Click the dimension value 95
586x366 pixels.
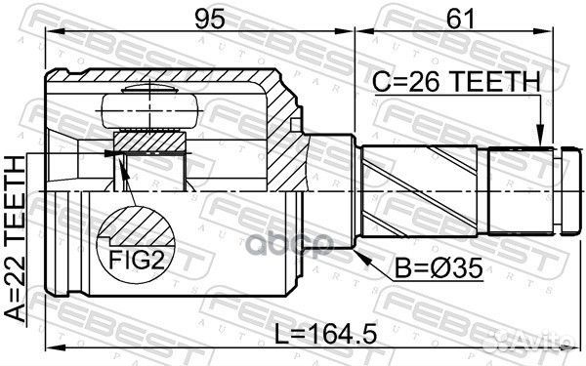point(210,19)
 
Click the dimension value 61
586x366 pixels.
point(460,19)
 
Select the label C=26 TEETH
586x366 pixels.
point(456,82)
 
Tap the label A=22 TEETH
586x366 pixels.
point(16,239)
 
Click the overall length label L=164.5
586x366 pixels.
point(325,334)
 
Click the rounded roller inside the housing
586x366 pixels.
point(150,111)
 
